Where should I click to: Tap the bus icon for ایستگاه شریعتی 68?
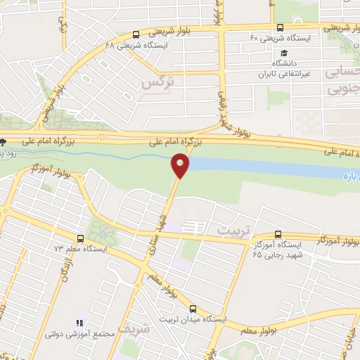click(136, 34)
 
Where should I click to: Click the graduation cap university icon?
click(283, 53)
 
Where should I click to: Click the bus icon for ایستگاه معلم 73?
click(80, 238)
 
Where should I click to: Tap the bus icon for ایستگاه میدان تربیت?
click(193, 308)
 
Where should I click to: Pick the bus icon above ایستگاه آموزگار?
click(278, 233)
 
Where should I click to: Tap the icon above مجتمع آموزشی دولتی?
click(79, 323)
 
